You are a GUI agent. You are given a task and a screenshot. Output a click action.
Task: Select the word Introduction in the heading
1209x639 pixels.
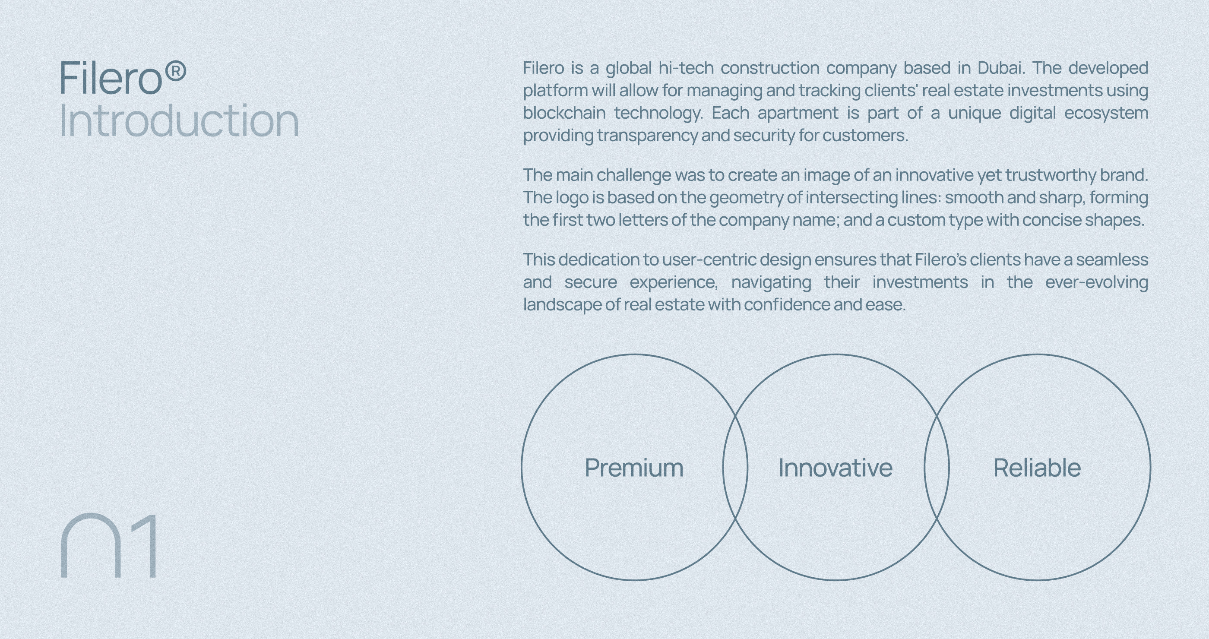click(x=179, y=120)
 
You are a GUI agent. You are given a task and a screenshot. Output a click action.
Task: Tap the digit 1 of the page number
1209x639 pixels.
click(x=144, y=546)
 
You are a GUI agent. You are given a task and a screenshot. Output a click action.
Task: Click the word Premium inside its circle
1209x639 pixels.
click(x=633, y=468)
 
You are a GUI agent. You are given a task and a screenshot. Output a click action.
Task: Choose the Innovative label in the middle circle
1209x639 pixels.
click(x=836, y=468)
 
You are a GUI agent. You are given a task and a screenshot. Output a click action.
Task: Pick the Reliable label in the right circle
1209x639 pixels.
click(x=1037, y=468)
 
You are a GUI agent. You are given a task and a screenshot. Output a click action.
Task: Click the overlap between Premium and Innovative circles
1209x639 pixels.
click(x=735, y=467)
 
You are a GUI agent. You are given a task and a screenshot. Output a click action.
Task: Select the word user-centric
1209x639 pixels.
click(x=709, y=259)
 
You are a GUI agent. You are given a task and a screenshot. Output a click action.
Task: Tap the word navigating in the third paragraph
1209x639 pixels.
click(x=771, y=282)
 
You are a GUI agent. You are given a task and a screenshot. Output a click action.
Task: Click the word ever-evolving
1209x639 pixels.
click(x=1097, y=282)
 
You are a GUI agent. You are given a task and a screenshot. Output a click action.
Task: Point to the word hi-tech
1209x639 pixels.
click(x=686, y=68)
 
